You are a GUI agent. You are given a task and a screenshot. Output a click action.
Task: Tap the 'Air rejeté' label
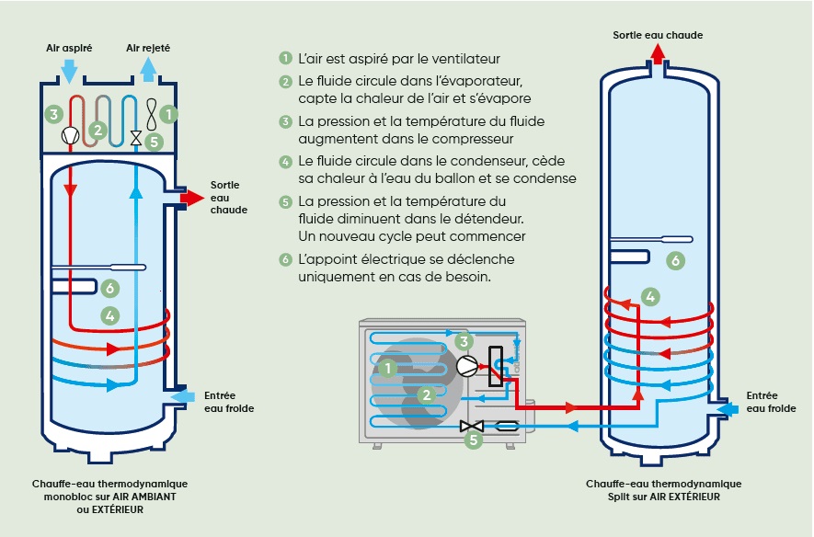147,46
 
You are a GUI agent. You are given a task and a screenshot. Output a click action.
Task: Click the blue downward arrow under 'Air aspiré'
69,70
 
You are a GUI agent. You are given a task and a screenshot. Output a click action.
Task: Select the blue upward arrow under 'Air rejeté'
148,69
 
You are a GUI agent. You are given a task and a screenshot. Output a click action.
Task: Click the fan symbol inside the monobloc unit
151,114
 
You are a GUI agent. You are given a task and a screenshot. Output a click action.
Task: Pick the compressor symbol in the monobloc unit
70,135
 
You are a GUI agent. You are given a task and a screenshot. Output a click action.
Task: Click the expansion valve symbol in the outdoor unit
471,426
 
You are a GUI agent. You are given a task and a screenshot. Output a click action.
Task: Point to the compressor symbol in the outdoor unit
467,365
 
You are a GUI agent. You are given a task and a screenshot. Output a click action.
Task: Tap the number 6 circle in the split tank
676,261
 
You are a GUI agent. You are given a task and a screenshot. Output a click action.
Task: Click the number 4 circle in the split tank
650,296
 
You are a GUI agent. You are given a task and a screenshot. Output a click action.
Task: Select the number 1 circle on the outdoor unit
388,368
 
